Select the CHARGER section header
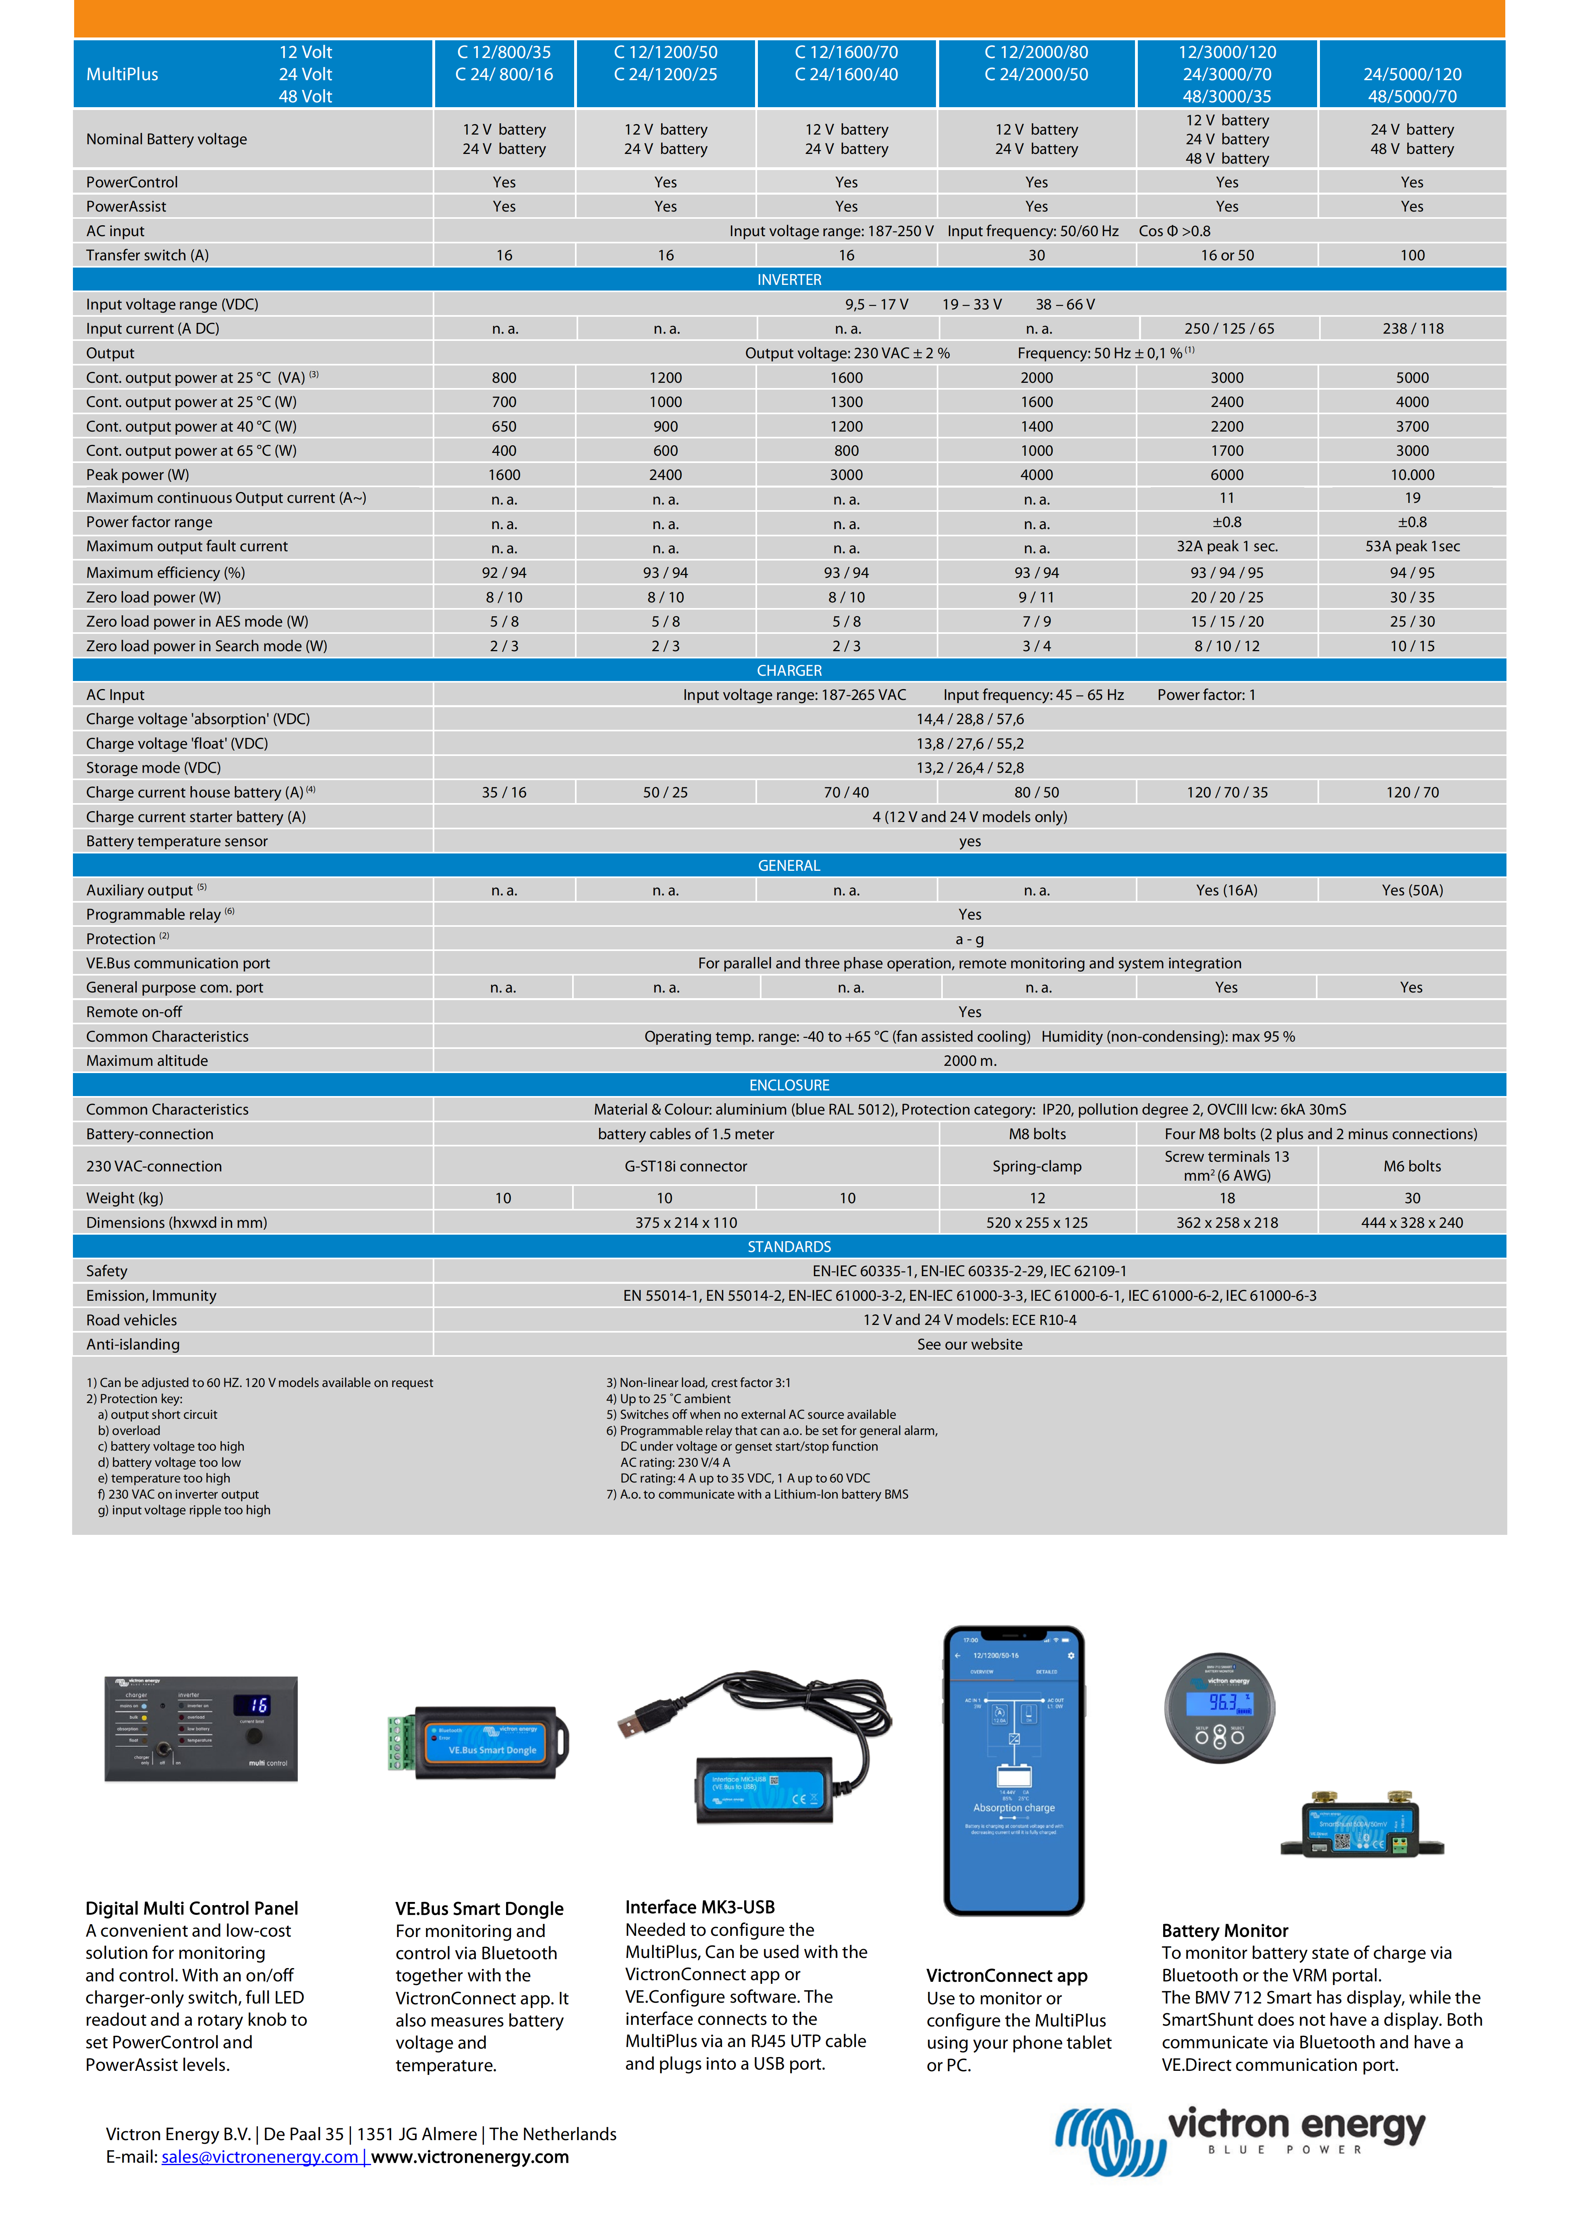coord(789,671)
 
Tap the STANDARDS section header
coord(789,1246)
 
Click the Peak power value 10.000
coord(1412,475)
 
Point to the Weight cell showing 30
coord(1412,1198)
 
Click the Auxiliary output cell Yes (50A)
coord(1412,890)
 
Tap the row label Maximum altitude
coord(147,1061)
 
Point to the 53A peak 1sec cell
coord(1412,547)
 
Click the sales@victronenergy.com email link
coord(260,2157)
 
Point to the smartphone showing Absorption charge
coord(1014,1771)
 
